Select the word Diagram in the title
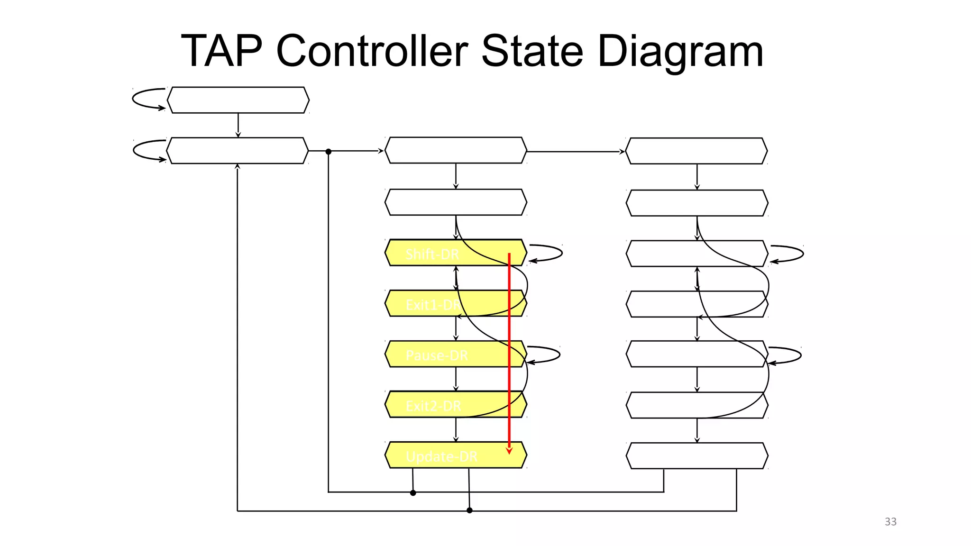pos(680,52)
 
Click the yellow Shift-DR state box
pos(455,253)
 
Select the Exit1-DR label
pos(433,305)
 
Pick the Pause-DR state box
pos(455,354)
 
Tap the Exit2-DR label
pos(433,406)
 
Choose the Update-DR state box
pos(455,455)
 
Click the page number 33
pos(890,522)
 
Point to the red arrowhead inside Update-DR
pos(509,450)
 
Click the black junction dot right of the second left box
pos(328,152)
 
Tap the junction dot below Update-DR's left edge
pos(413,493)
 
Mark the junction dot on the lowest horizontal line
pos(469,510)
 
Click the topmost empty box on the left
pos(238,100)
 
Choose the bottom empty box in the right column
pos(696,456)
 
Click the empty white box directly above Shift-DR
pos(455,202)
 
